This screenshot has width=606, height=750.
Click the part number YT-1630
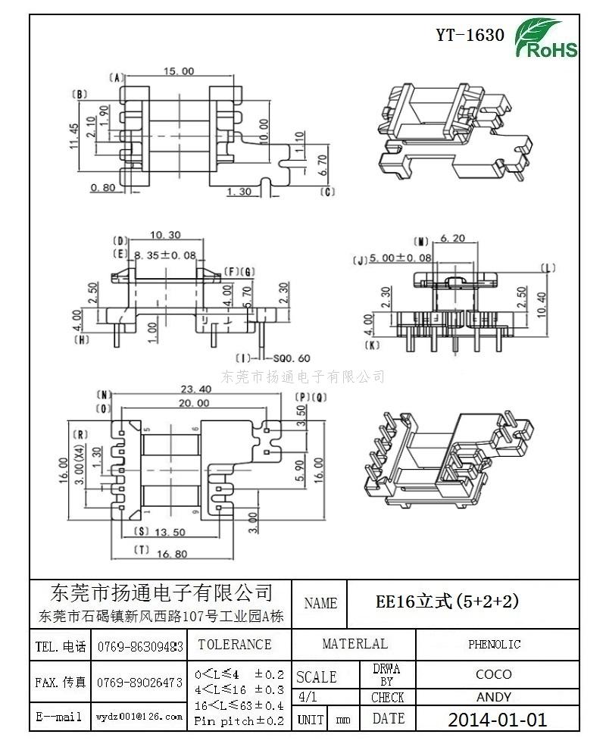(470, 35)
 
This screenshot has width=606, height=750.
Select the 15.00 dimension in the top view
(179, 71)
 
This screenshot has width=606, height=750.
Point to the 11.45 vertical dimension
(74, 137)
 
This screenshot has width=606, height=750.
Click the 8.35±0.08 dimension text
(164, 256)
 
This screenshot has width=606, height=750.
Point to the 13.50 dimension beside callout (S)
(170, 533)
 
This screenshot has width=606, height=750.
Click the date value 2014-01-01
(497, 719)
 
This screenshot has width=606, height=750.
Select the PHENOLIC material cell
(494, 645)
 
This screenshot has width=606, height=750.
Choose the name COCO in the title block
(493, 673)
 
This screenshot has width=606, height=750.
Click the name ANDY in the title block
(493, 697)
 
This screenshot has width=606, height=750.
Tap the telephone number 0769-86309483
(139, 646)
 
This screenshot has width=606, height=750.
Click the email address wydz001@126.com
(139, 716)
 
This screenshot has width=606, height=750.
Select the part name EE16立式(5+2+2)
(448, 602)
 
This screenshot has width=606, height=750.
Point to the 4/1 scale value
(309, 697)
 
